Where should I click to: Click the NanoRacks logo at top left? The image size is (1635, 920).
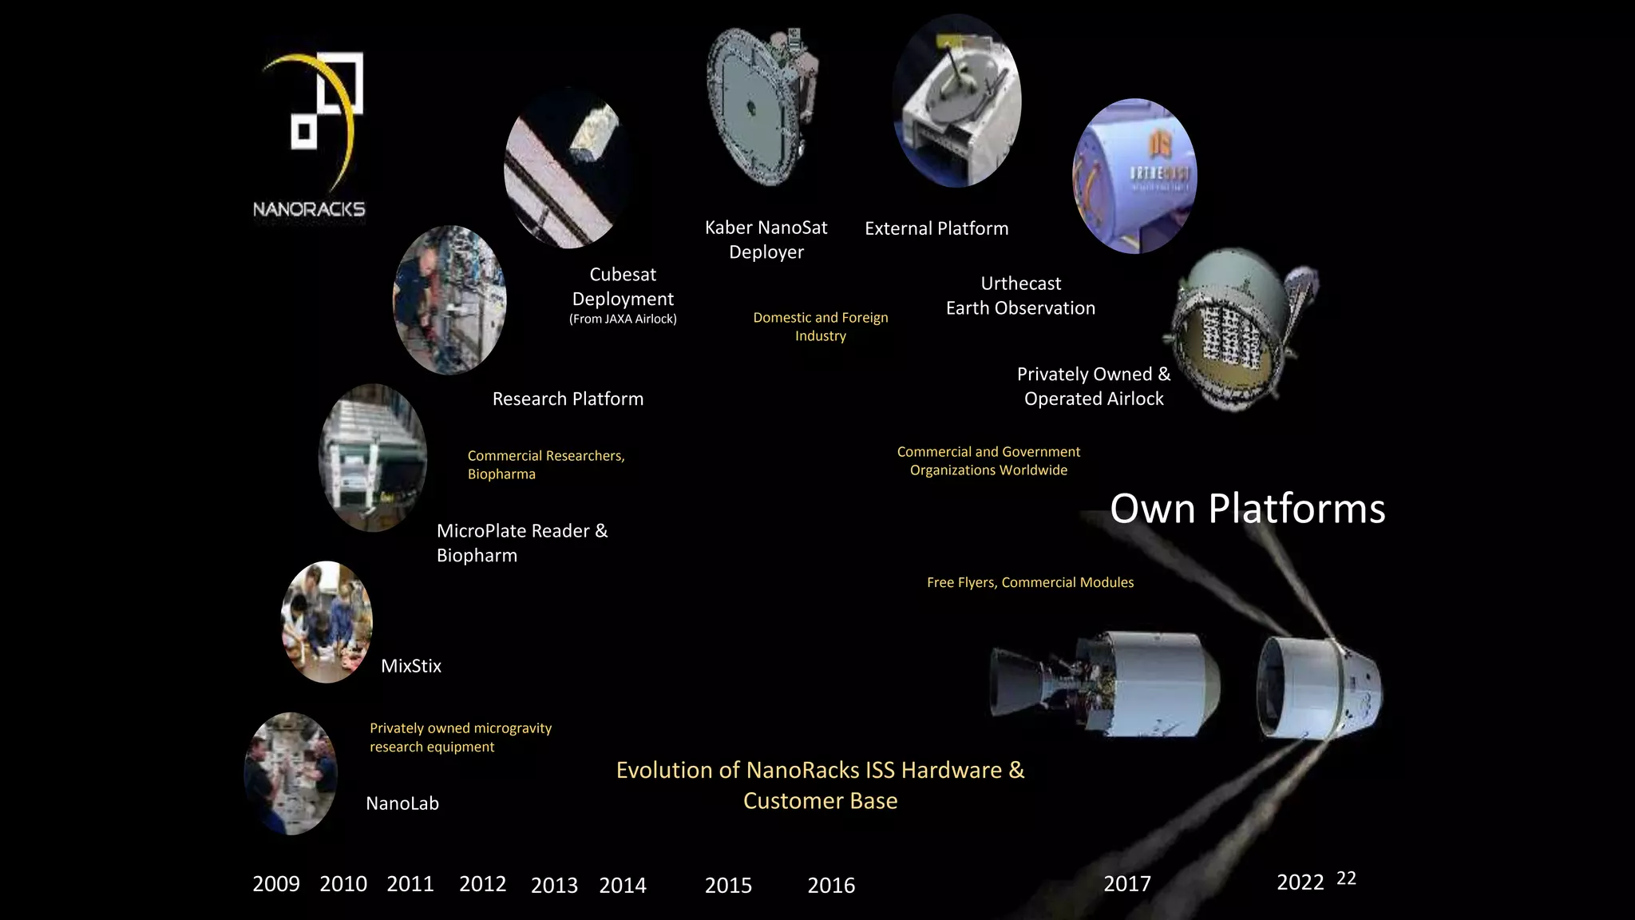point(310,134)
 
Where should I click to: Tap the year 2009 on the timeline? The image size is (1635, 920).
point(276,883)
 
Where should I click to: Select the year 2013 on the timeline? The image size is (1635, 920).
point(554,885)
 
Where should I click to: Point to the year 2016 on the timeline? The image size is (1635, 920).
point(831,885)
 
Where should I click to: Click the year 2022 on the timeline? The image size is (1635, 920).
point(1300,882)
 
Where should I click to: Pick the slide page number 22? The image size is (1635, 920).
point(1346,878)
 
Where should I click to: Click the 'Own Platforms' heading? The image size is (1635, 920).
point(1247,508)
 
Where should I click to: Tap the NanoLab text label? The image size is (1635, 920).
point(402,803)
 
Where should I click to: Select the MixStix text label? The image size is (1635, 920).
point(411,666)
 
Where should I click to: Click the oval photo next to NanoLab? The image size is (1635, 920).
point(291,773)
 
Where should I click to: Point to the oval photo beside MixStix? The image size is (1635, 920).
point(327,621)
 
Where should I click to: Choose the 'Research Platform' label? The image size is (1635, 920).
point(568,399)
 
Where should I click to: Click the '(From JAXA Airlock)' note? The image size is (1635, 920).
point(623,319)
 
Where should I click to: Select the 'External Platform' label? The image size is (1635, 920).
point(936,228)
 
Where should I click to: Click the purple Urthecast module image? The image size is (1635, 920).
point(1134,176)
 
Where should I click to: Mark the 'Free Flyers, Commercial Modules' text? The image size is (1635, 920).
point(1030,582)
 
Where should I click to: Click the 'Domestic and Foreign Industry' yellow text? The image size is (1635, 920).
point(821,327)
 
